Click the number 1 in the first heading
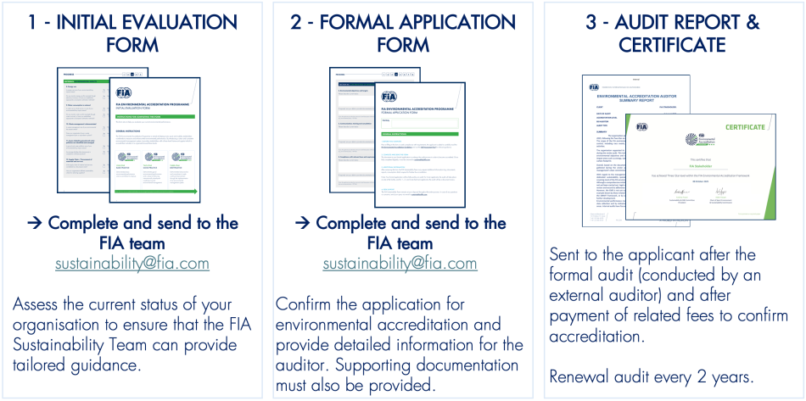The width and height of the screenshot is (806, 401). (31, 21)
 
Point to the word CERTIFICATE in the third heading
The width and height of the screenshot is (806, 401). (672, 43)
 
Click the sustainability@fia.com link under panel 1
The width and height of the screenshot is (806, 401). (132, 264)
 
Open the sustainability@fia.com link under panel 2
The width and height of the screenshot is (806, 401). (402, 264)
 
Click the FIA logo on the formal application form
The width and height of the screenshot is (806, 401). (389, 96)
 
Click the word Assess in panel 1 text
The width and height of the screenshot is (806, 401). (40, 304)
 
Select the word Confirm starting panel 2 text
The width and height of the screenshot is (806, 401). (307, 304)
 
